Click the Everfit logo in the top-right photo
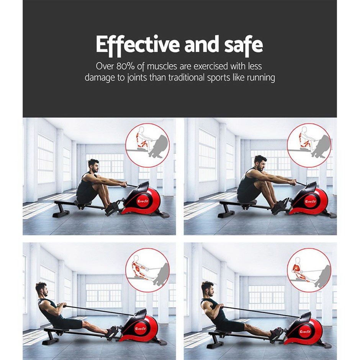pyautogui.click(x=311, y=201)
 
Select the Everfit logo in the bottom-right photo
pyautogui.click(x=305, y=332)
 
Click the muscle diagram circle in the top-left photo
pyautogui.click(x=147, y=145)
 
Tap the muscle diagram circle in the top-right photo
pyautogui.click(x=309, y=145)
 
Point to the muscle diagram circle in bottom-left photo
pyautogui.click(x=147, y=270)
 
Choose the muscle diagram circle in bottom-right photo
pyautogui.click(x=309, y=270)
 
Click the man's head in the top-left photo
pyautogui.click(x=93, y=166)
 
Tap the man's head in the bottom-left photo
pyautogui.click(x=42, y=290)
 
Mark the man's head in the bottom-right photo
pyautogui.click(x=208, y=289)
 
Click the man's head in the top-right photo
pyautogui.click(x=260, y=163)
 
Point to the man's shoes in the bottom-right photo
pyautogui.click(x=275, y=333)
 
